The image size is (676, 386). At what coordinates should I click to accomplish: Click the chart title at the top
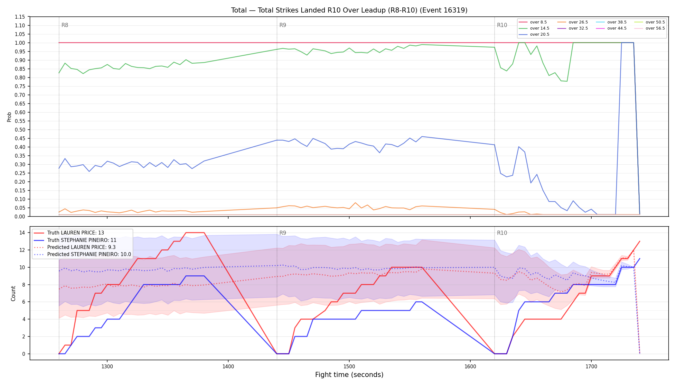pyautogui.click(x=349, y=10)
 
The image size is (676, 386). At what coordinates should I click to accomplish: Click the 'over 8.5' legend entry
pyautogui.click(x=533, y=22)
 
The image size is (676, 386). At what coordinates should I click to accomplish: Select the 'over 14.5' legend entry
pyautogui.click(x=534, y=28)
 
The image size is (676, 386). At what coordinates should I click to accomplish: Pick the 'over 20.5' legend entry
pyautogui.click(x=534, y=34)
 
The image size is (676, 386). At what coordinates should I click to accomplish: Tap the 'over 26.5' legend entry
pyautogui.click(x=573, y=22)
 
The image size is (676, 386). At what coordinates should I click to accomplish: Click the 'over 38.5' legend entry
pyautogui.click(x=611, y=22)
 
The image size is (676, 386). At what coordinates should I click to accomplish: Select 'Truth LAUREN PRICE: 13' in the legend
pyautogui.click(x=69, y=233)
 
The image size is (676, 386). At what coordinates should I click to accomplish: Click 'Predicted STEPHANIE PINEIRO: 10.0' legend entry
pyautogui.click(x=82, y=254)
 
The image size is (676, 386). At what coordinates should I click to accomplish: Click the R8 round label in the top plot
pyautogui.click(x=65, y=25)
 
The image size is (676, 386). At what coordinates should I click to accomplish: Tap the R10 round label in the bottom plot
pyautogui.click(x=502, y=233)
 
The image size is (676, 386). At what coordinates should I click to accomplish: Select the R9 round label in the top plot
pyautogui.click(x=283, y=25)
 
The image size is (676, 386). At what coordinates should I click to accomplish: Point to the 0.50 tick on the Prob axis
pyautogui.click(x=20, y=130)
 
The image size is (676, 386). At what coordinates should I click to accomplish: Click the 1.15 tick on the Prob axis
pyautogui.click(x=20, y=17)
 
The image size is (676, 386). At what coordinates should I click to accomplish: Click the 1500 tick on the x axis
pyautogui.click(x=349, y=366)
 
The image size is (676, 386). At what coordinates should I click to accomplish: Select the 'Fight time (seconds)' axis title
pyautogui.click(x=349, y=375)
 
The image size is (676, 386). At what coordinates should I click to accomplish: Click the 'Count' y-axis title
pyautogui.click(x=13, y=293)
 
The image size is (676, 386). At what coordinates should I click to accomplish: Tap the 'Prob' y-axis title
pyautogui.click(x=9, y=117)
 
